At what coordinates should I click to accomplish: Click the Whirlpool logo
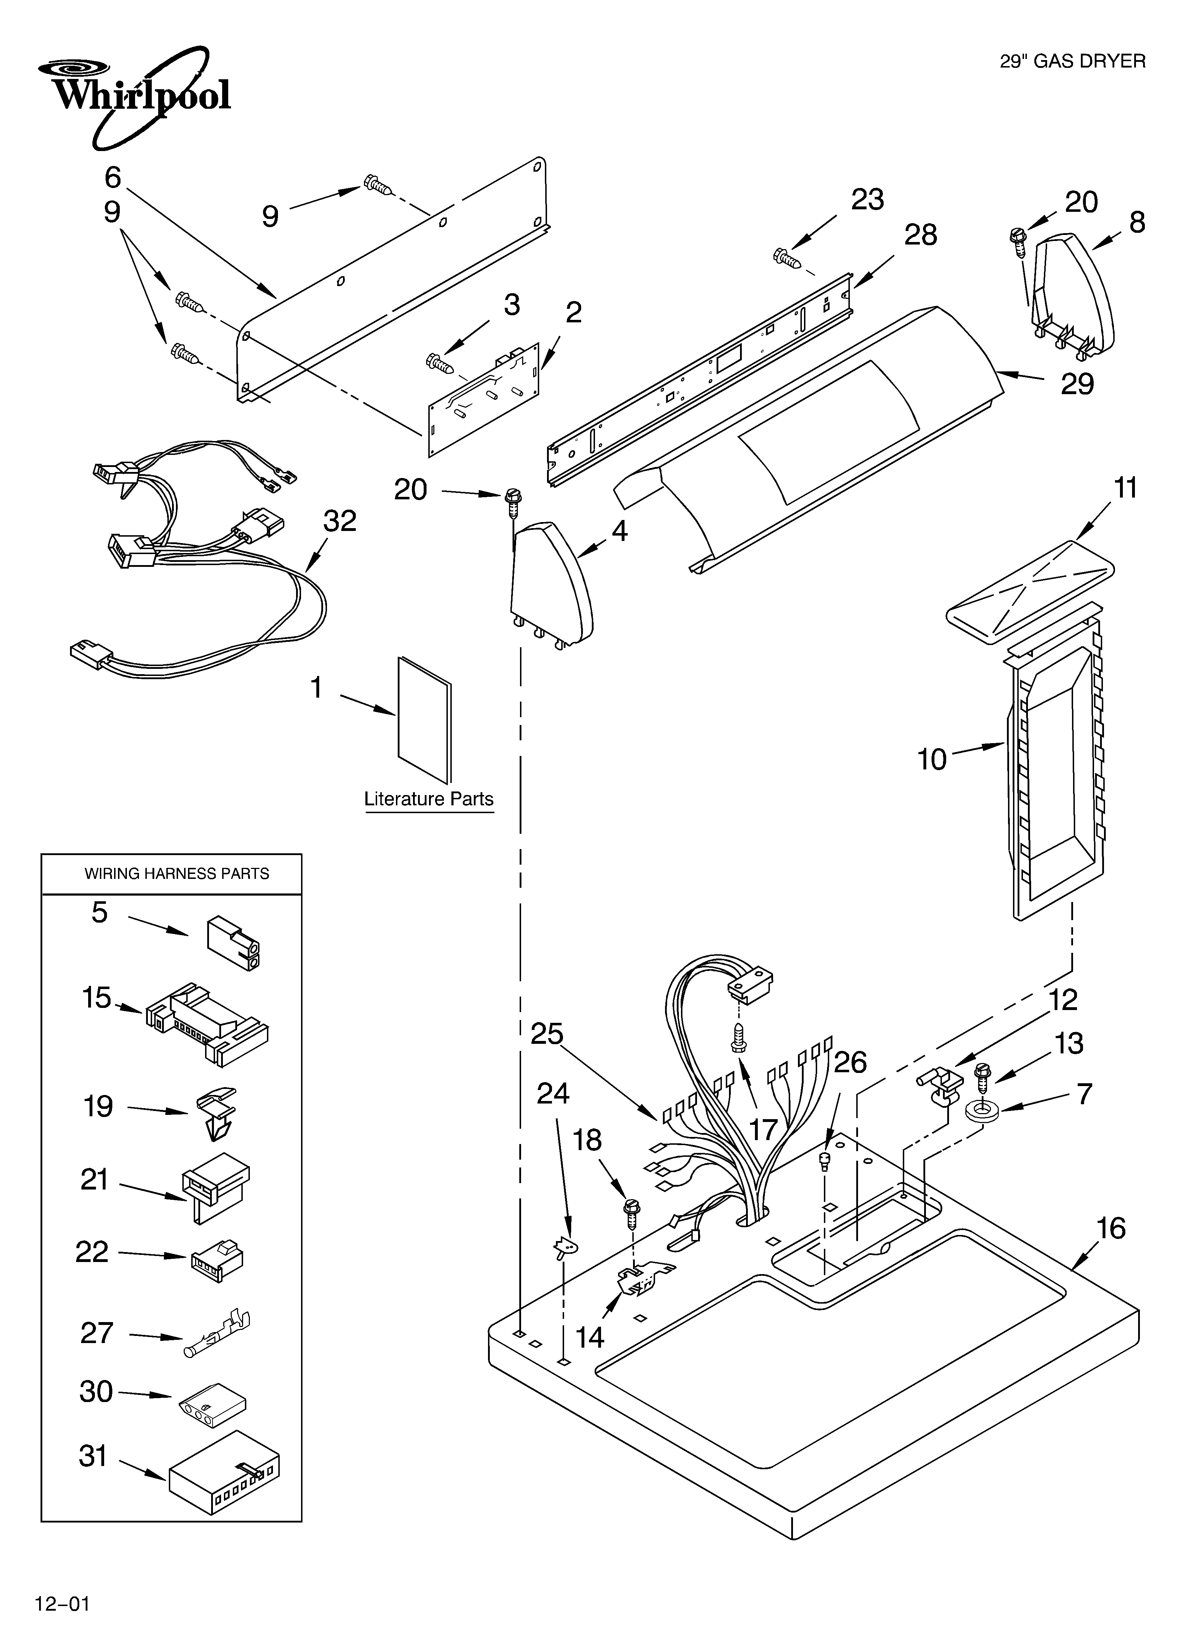pos(134,94)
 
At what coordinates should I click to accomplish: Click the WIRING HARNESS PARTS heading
pos(177,874)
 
